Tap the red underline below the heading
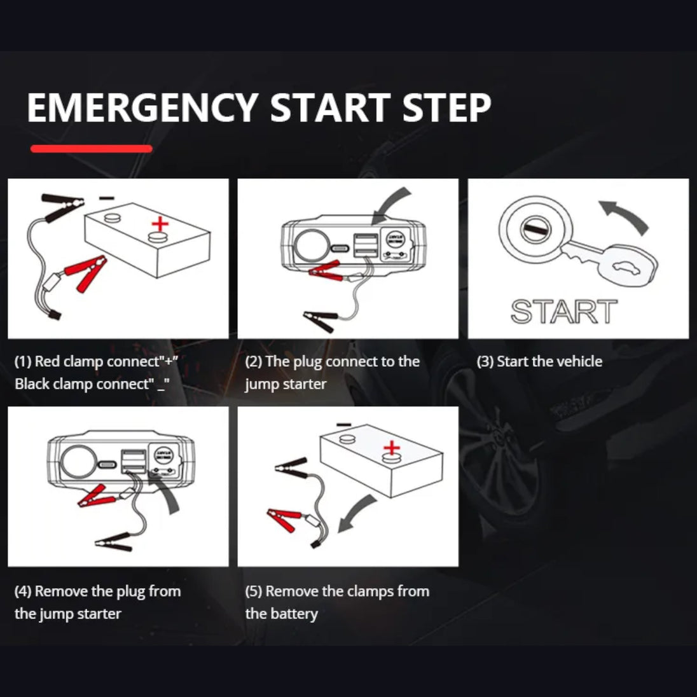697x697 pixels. pos(92,149)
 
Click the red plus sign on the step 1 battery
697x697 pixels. pos(160,224)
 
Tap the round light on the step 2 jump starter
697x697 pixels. pos(311,245)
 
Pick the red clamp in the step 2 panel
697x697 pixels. pos(324,272)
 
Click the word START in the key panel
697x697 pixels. pos(564,312)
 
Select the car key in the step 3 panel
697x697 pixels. pos(611,261)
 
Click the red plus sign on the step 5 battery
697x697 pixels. pos(391,446)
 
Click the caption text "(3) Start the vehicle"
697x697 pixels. pos(539,362)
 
